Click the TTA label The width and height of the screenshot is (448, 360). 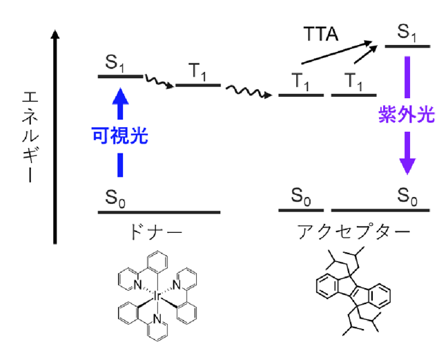[x=320, y=34]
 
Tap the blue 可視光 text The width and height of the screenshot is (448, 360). [x=120, y=135]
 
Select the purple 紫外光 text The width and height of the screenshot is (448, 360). [x=407, y=115]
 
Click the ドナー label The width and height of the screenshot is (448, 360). [x=156, y=232]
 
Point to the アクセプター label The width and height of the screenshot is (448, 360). [x=354, y=231]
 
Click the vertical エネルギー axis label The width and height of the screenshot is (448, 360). [x=30, y=137]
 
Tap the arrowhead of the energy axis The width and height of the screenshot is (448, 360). [x=55, y=35]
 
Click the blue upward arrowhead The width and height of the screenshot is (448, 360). [x=120, y=96]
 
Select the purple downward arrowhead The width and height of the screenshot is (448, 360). [x=407, y=166]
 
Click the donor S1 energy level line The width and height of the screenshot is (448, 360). [x=120, y=76]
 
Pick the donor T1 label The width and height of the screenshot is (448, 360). [x=197, y=72]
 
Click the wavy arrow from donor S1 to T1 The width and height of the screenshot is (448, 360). [x=159, y=81]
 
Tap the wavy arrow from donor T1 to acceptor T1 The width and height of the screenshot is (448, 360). [x=249, y=91]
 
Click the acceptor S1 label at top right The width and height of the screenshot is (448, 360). [x=407, y=32]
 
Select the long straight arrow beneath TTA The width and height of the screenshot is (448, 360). [x=337, y=53]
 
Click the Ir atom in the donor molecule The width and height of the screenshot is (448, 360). [x=157, y=296]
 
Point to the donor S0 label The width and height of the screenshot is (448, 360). [x=115, y=198]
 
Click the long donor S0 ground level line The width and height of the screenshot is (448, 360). [x=159, y=212]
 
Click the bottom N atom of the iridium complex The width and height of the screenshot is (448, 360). [x=157, y=319]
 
